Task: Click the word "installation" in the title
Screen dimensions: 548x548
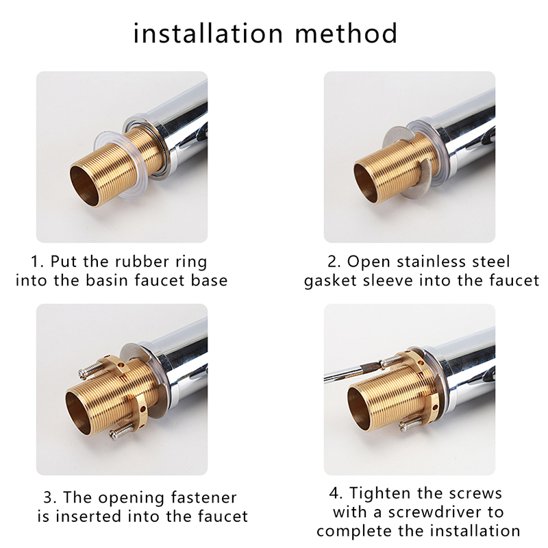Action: pyautogui.click(x=208, y=33)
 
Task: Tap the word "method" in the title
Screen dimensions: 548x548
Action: pyautogui.click(x=347, y=33)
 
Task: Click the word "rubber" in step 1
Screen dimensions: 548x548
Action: pyautogui.click(x=138, y=262)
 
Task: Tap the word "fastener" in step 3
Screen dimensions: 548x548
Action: pyautogui.click(x=203, y=497)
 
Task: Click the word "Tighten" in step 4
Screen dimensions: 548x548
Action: pyautogui.click(x=379, y=494)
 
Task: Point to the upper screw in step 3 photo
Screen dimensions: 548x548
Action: pyautogui.click(x=91, y=369)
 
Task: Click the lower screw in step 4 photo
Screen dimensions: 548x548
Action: pyautogui.click(x=413, y=424)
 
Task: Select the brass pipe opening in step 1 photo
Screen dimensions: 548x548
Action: pyautogui.click(x=84, y=186)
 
